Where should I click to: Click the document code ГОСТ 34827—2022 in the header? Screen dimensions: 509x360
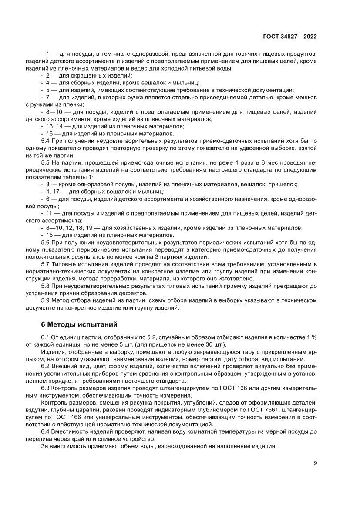coord(289,37)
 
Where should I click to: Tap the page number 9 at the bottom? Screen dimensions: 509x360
coord(315,463)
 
